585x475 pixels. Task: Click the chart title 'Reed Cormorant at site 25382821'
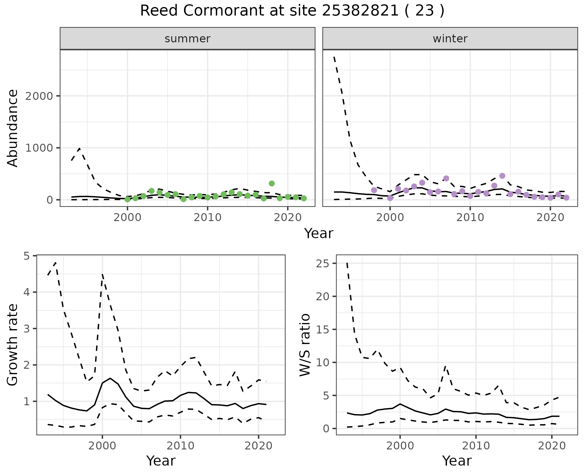292,11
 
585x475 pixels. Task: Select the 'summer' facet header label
187,39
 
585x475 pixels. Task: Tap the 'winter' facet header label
450,39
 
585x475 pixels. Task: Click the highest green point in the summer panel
272,183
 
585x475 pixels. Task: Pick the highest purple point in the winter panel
502,176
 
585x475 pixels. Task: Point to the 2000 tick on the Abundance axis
40,96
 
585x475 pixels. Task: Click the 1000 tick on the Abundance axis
40,148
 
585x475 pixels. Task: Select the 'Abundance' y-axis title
13,128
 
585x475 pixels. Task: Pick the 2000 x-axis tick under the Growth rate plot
102,446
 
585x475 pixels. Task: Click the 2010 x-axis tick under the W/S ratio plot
476,446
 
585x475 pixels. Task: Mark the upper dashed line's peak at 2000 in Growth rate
102,274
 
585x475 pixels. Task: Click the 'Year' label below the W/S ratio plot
457,461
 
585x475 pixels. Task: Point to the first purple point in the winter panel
374,190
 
